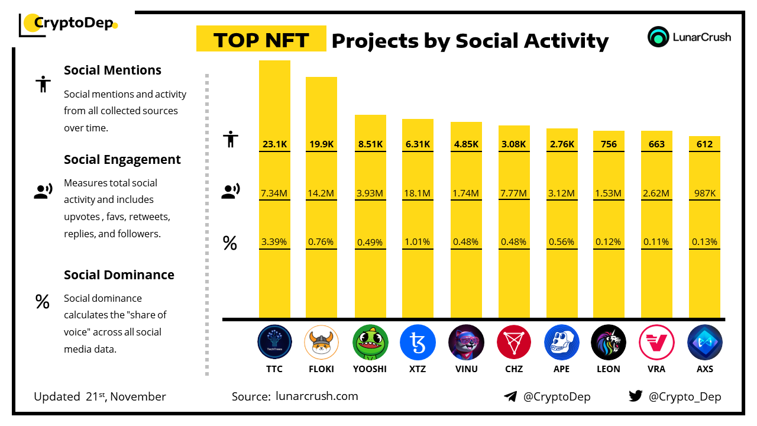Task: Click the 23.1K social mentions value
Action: click(274, 144)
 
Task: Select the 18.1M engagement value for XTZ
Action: click(418, 193)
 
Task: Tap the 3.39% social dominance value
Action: click(274, 241)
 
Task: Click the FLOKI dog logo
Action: click(322, 343)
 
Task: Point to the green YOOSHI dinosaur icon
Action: click(370, 343)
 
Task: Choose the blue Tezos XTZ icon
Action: click(418, 343)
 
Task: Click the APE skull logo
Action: click(562, 343)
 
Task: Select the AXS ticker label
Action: click(704, 369)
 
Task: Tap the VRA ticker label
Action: click(656, 369)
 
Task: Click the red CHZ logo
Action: click(514, 343)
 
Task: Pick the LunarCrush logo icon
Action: click(658, 37)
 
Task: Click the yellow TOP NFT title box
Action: click(261, 40)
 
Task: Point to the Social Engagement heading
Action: click(122, 159)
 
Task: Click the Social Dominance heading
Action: click(119, 275)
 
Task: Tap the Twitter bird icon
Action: click(636, 396)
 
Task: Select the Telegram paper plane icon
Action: click(510, 396)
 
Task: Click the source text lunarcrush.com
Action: click(317, 396)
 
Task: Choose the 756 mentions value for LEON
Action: click(609, 144)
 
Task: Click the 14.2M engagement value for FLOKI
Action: click(322, 193)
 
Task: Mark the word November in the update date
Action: click(138, 396)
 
